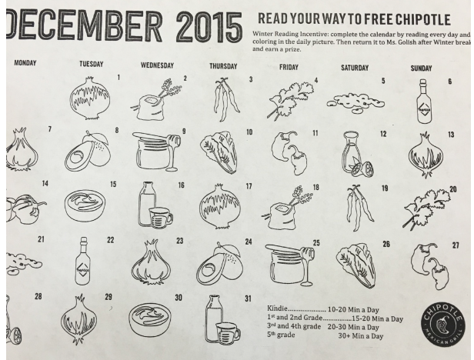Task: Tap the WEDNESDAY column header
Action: (x=157, y=65)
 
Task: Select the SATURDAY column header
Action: (x=355, y=68)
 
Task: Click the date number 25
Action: (x=316, y=243)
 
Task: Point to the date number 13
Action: (x=451, y=135)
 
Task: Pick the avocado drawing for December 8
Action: (x=88, y=149)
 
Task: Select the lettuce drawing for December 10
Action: (x=219, y=152)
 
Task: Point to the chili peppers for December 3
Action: (x=226, y=99)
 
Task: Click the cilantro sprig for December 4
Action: (x=290, y=98)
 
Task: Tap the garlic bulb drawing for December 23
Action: (x=151, y=263)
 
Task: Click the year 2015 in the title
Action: (x=209, y=27)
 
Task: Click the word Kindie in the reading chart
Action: (x=277, y=308)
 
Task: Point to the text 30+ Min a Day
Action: (x=361, y=336)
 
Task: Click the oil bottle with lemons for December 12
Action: (x=358, y=154)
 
